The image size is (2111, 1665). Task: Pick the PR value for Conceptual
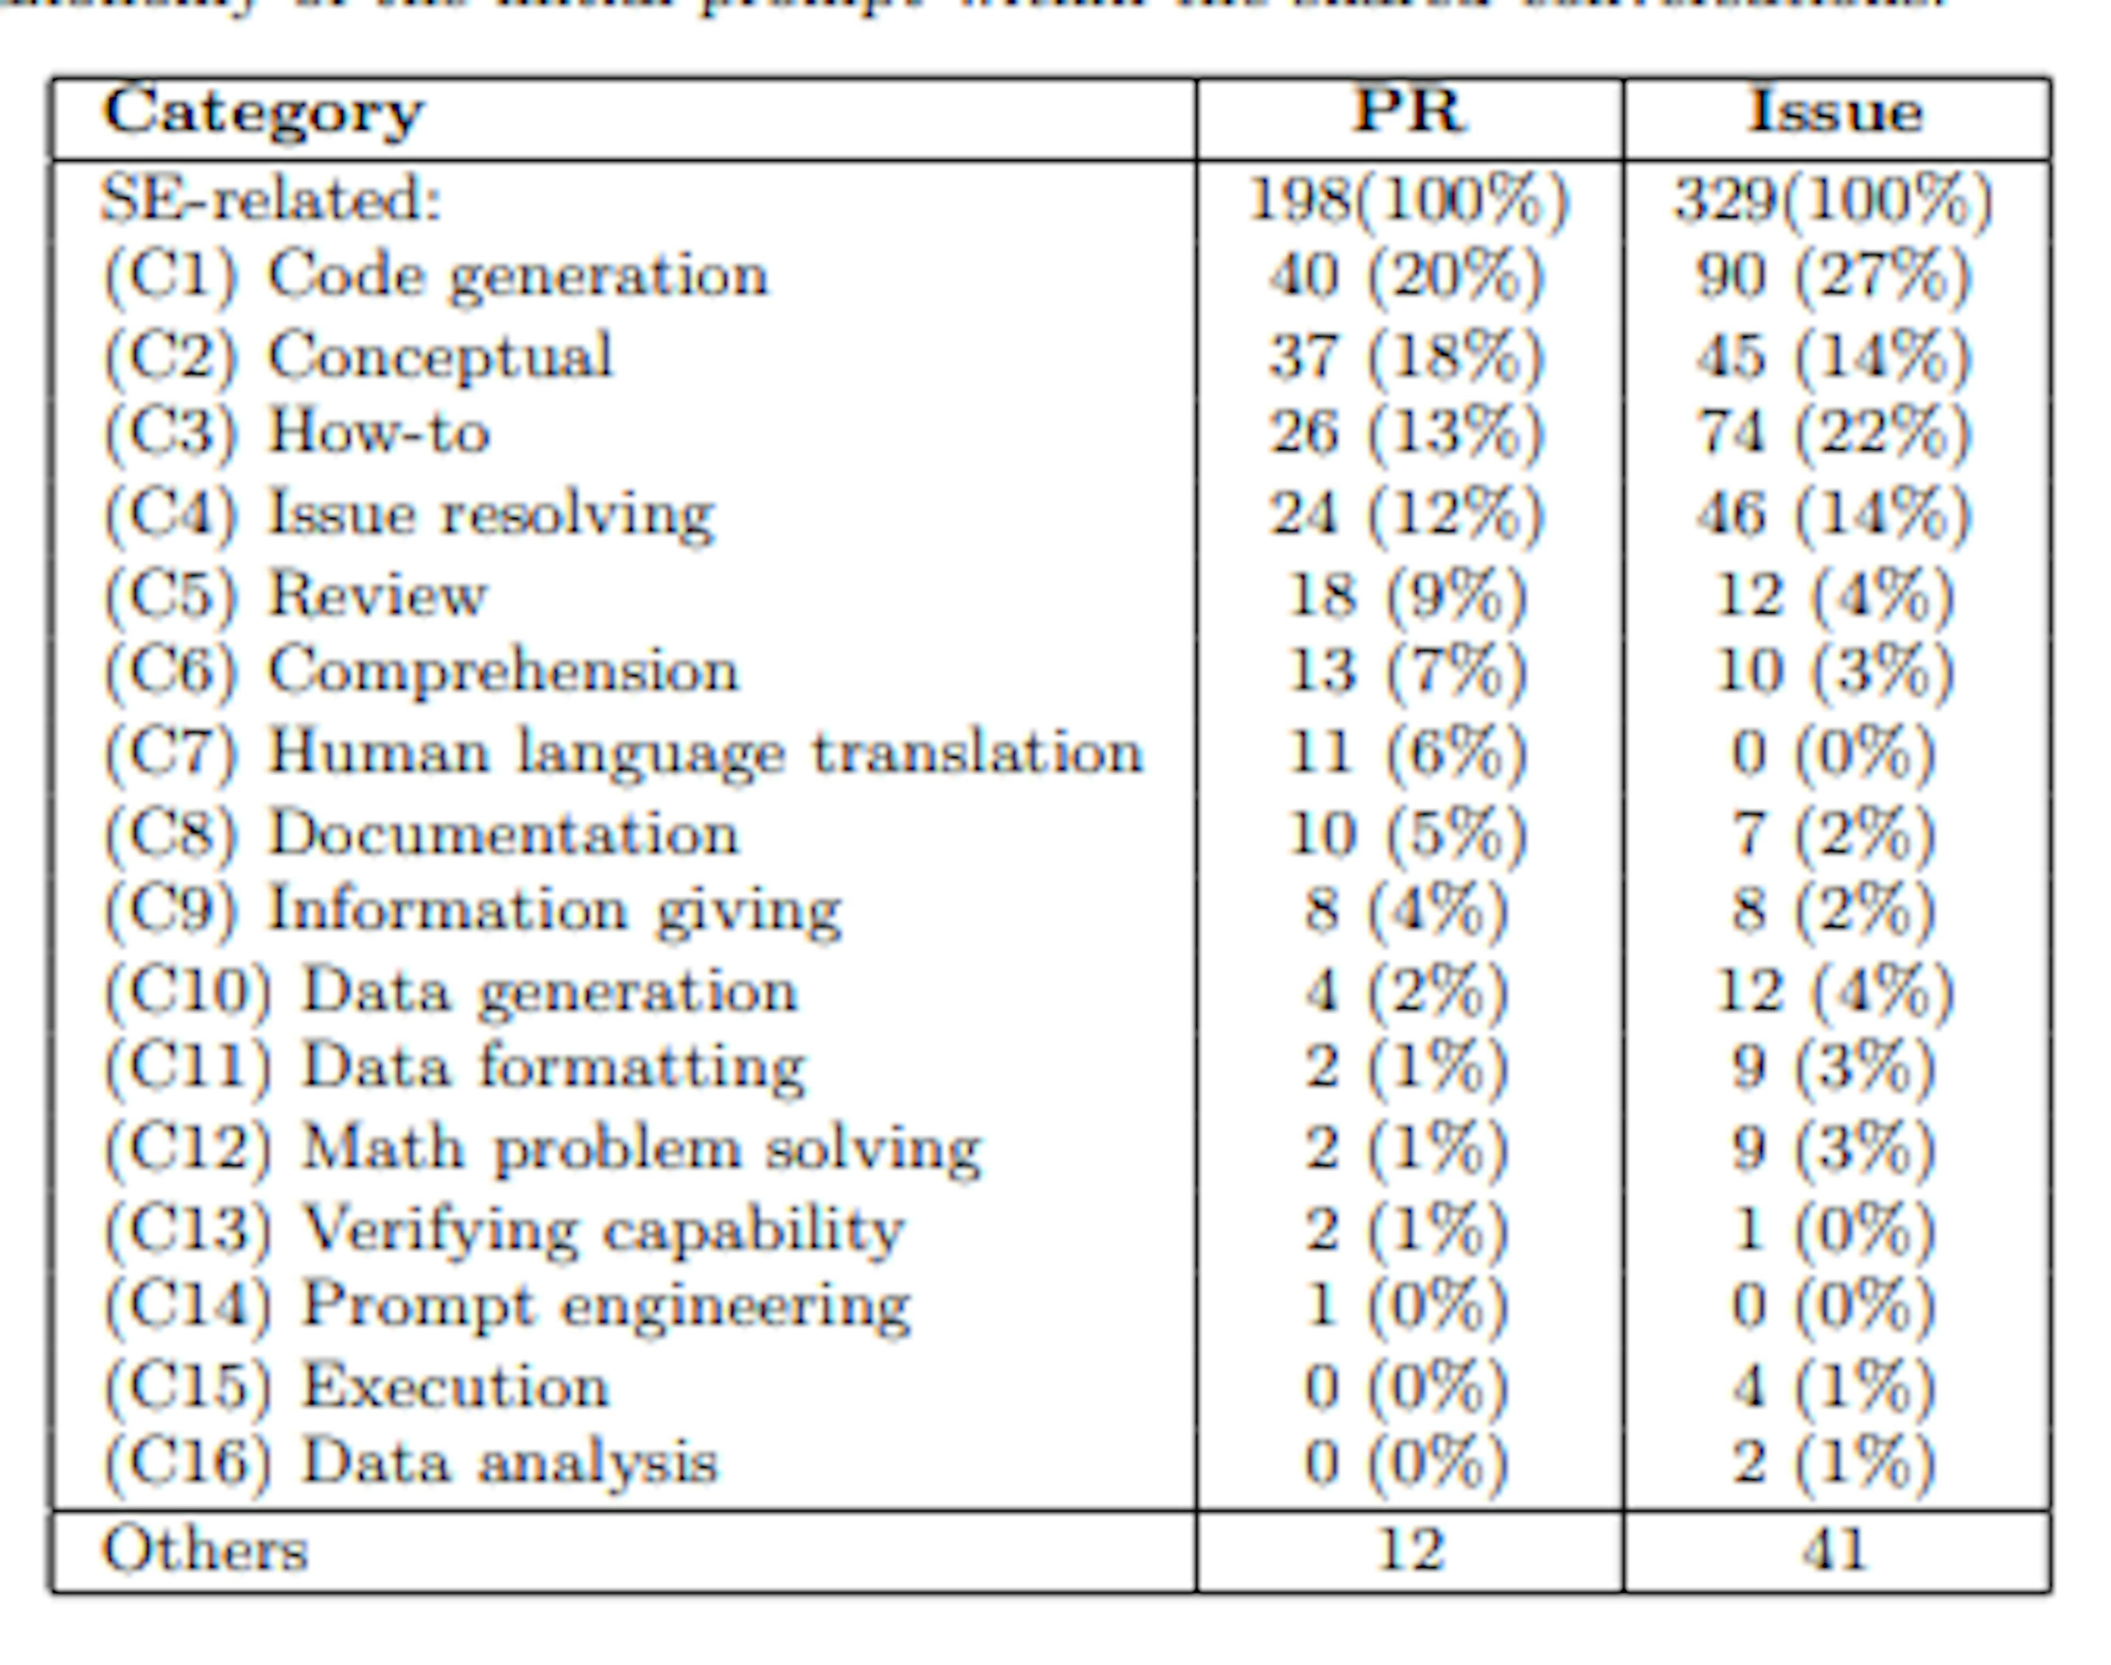[1406, 356]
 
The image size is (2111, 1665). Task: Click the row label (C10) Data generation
[450, 992]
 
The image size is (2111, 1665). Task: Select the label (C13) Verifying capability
[503, 1229]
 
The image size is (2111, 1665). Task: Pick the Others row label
[205, 1550]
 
